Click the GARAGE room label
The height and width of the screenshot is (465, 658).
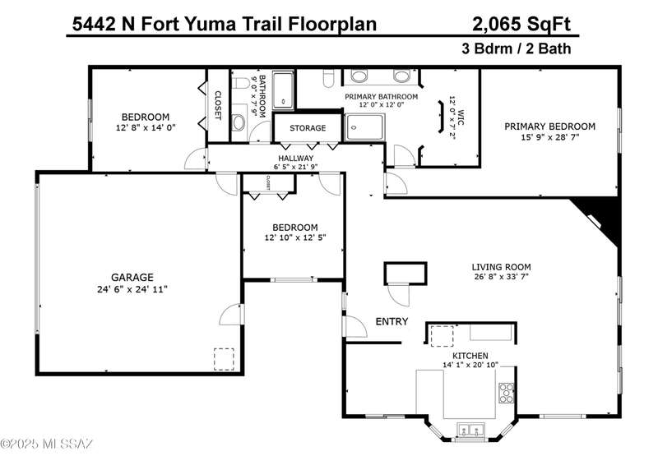click(x=132, y=277)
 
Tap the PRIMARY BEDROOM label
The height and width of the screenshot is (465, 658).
click(x=549, y=127)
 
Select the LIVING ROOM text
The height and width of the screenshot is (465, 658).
click(x=501, y=267)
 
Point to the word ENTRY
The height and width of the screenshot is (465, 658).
click(x=392, y=321)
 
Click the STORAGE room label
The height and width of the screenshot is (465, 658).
click(x=308, y=128)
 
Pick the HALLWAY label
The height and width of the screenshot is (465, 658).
click(x=296, y=158)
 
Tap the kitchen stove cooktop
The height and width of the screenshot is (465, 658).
click(x=507, y=393)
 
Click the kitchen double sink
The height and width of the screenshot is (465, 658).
click(x=470, y=430)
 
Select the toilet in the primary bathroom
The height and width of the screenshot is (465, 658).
click(x=328, y=78)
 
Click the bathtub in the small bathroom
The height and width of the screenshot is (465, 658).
click(x=283, y=90)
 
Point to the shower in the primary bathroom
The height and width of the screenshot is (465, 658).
click(x=364, y=127)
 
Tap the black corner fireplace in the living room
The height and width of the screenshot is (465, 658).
click(x=599, y=219)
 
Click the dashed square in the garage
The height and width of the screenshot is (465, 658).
click(x=224, y=359)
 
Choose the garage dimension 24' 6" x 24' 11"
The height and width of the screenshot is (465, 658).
click(x=132, y=289)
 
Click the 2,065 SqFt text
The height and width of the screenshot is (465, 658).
click(x=521, y=24)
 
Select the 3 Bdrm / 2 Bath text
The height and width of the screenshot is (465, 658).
click(x=517, y=48)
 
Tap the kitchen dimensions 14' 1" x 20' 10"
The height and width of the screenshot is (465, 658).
click(x=470, y=365)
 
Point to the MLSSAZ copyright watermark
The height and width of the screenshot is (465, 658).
click(x=47, y=443)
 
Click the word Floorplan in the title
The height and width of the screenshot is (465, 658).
click(x=332, y=24)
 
